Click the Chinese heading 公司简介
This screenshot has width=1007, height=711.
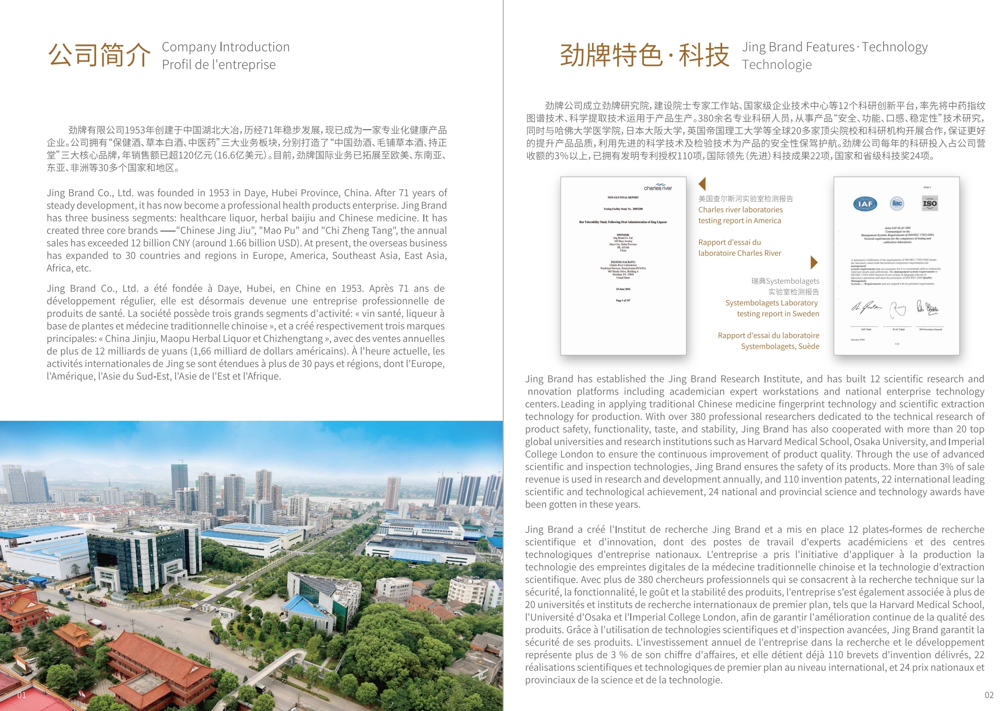click(99, 55)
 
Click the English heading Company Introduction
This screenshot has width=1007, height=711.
click(225, 47)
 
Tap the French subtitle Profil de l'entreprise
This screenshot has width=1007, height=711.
click(218, 65)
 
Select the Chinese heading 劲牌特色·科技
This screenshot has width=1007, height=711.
click(644, 55)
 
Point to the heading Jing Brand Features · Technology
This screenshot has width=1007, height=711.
click(835, 47)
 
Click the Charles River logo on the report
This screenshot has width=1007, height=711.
click(657, 187)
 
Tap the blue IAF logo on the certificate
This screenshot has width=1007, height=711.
click(865, 204)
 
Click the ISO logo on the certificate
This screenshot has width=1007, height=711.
click(930, 203)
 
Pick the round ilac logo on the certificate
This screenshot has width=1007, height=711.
click(897, 203)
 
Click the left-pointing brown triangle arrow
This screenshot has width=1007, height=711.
click(702, 184)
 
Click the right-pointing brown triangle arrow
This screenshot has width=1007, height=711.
click(814, 262)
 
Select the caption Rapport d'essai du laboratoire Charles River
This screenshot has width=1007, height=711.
click(739, 248)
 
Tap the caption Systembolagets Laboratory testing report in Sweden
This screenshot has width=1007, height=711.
click(772, 308)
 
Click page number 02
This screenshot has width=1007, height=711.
click(989, 695)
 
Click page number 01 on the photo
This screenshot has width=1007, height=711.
click(21, 695)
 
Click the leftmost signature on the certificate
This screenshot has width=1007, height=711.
click(865, 307)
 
